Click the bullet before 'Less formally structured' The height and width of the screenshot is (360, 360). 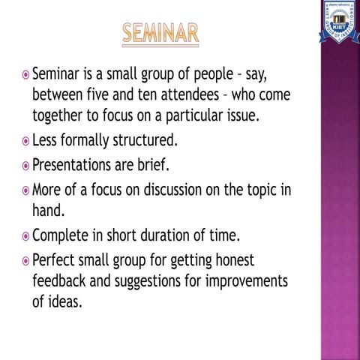click(x=25, y=140)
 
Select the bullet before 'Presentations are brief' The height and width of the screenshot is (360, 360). click(x=25, y=164)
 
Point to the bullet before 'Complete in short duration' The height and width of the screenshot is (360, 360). click(x=25, y=236)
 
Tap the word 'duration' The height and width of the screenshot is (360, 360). click(x=178, y=236)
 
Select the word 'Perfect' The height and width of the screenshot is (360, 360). click(x=57, y=261)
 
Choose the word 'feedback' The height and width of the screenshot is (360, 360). click(x=62, y=281)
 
